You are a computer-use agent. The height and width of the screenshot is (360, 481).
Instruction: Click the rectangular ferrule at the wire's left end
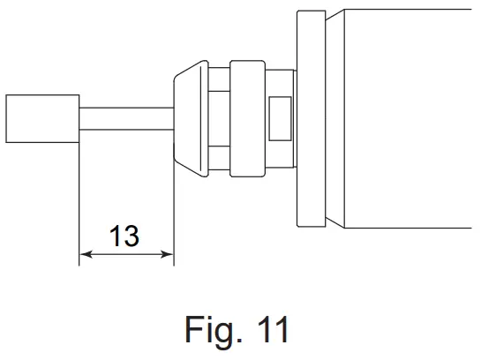(x=42, y=118)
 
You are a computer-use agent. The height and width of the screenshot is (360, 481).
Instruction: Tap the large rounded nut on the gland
(x=246, y=118)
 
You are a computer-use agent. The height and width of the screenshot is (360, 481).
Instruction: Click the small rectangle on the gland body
(x=279, y=118)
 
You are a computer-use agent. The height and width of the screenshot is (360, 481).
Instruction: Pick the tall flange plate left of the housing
(x=311, y=118)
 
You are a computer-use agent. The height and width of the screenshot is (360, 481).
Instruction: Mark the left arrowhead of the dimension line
(x=86, y=256)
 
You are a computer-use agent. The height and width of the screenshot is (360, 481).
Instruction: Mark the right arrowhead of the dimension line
(x=167, y=256)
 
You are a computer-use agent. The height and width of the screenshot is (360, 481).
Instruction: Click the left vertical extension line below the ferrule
(x=79, y=203)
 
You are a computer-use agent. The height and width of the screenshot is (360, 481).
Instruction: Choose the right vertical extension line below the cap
(x=173, y=212)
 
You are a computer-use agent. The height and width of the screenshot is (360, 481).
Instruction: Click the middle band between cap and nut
(x=218, y=118)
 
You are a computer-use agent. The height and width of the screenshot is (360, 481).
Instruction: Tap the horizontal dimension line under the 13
(x=126, y=256)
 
